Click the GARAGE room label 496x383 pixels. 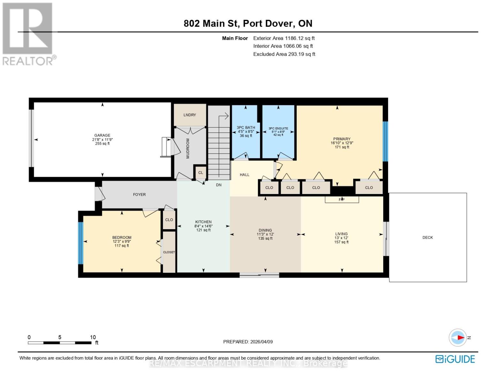pyautogui.click(x=102, y=135)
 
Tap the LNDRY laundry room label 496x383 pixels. pyautogui.click(x=190, y=115)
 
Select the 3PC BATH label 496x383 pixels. pyautogui.click(x=246, y=128)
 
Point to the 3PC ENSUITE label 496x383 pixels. pyautogui.click(x=278, y=129)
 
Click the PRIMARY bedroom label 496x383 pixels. pyautogui.click(x=342, y=139)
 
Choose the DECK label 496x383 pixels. pyautogui.click(x=428, y=237)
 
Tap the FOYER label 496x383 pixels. pyautogui.click(x=139, y=194)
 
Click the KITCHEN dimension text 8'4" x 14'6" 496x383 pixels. pyautogui.click(x=203, y=226)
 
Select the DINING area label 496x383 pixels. pyautogui.click(x=265, y=230)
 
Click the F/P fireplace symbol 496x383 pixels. pyautogui.click(x=342, y=199)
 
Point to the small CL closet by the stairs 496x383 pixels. pyautogui.click(x=201, y=173)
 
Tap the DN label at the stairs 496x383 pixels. pyautogui.click(x=219, y=185)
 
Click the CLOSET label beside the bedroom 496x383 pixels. pyautogui.click(x=169, y=252)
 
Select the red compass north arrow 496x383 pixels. pyautogui.click(x=460, y=337)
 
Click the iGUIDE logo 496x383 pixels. pyautogui.click(x=455, y=359)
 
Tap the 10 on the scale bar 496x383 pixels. pyautogui.click(x=93, y=337)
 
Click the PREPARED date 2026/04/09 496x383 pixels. pyautogui.click(x=261, y=342)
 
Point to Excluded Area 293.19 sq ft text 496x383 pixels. pyautogui.click(x=284, y=54)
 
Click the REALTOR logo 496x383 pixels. pyautogui.click(x=28, y=34)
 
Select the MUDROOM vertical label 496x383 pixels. pyautogui.click(x=188, y=148)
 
